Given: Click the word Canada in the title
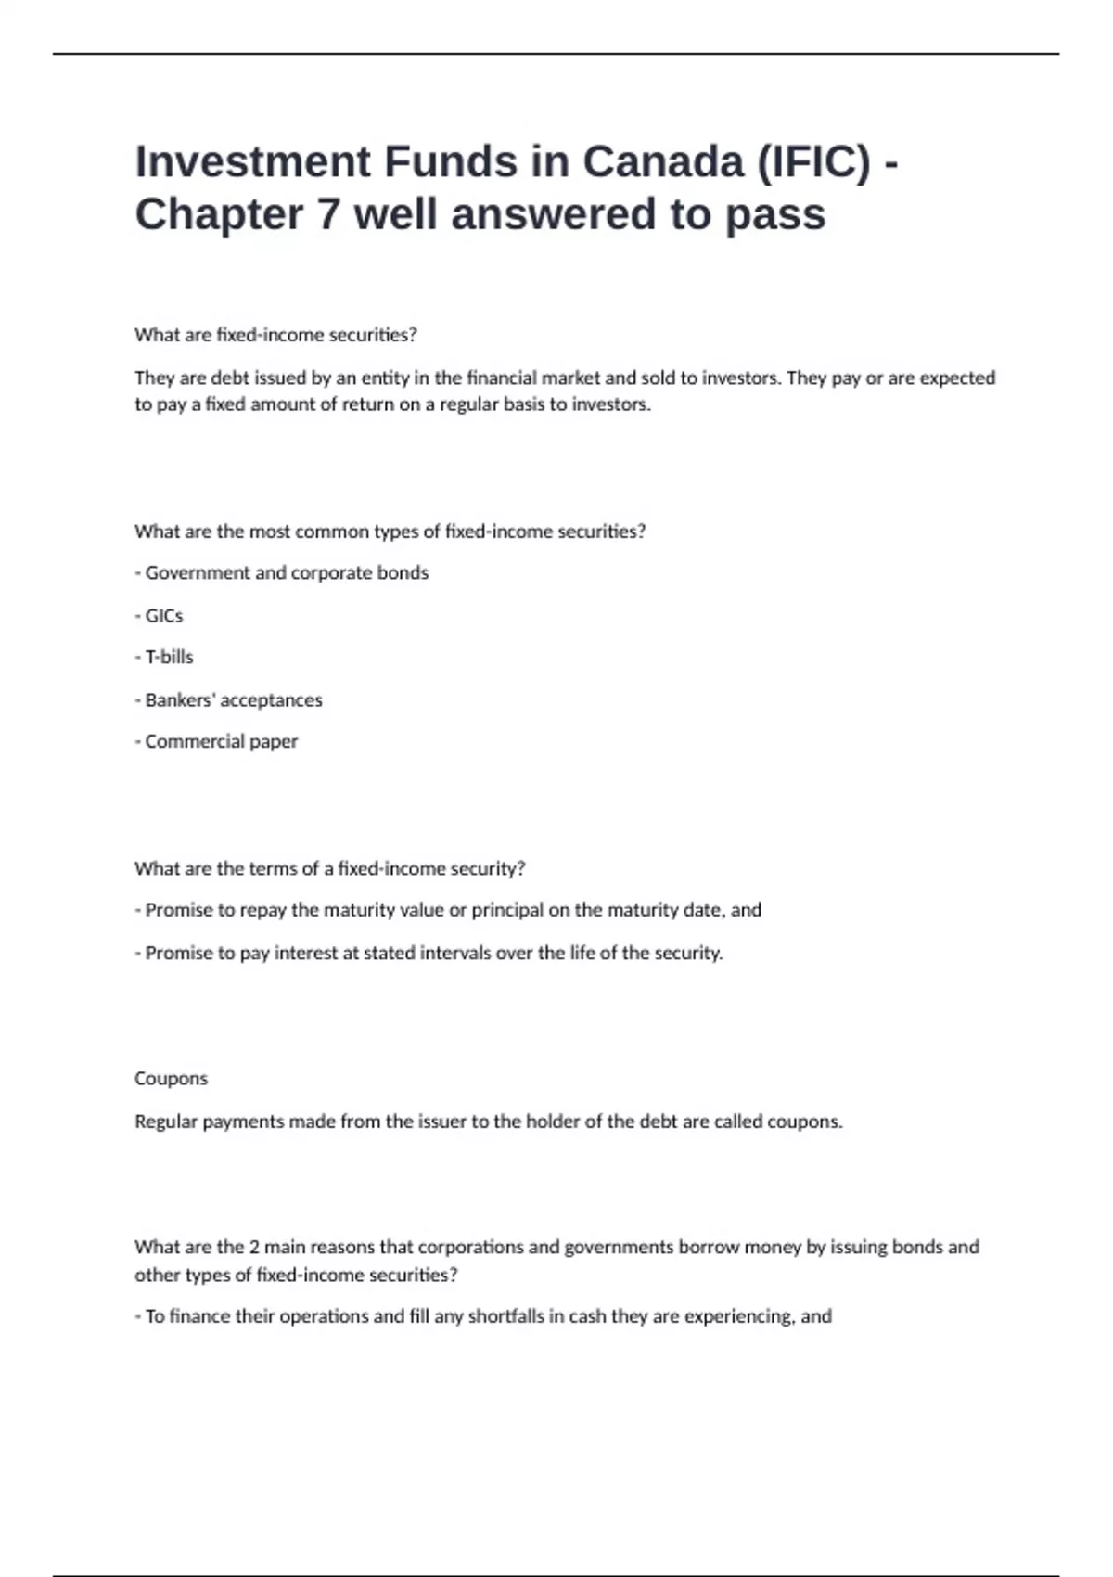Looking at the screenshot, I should pos(662,161).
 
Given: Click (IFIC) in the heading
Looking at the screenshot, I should pos(814,161).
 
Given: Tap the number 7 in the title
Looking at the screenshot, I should pos(328,214).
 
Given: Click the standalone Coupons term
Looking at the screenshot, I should pos(171,1079).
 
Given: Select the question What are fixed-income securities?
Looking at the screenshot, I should pos(275,335).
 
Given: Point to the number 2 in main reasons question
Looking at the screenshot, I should pos(254,1248).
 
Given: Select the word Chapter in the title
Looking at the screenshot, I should pos(219,214).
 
